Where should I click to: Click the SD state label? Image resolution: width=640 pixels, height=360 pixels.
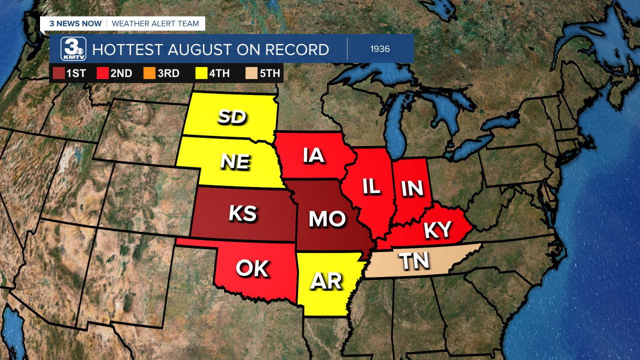[232, 117]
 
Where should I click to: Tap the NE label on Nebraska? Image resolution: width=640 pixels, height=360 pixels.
[235, 161]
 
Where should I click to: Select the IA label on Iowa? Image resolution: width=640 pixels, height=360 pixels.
[313, 155]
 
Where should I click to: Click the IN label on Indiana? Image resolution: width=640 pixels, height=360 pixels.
[412, 188]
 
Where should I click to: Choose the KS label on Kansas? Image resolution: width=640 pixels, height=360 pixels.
[243, 213]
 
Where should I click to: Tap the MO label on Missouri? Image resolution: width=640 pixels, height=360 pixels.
[327, 219]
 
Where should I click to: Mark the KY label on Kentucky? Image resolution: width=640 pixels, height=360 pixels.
[437, 230]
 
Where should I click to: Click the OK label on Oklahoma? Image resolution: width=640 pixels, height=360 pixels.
[252, 268]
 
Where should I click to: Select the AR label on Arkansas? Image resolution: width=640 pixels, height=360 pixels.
[326, 282]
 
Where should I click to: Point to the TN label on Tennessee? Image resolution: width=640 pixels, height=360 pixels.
[415, 261]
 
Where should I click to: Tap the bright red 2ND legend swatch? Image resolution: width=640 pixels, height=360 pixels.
[103, 73]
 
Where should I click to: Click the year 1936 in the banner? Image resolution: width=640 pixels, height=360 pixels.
[380, 49]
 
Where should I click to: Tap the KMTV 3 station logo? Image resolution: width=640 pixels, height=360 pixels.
[73, 49]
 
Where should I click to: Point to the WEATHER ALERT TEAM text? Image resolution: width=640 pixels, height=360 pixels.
[155, 23]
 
